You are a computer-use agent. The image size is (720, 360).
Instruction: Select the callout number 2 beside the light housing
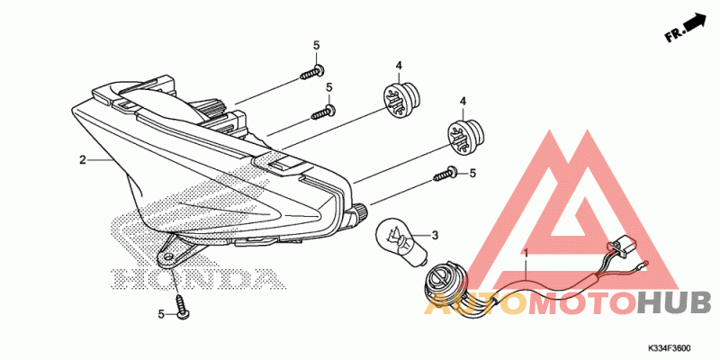pos(82,160)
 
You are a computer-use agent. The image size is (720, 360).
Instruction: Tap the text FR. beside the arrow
pos(674,35)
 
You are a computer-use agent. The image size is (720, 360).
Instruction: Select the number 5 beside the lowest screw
pos(161,314)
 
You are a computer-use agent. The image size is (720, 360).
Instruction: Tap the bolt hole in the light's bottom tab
pos(168,256)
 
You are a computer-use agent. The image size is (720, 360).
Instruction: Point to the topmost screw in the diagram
pos(315,68)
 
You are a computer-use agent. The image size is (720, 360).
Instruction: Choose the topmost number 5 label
pos(316,45)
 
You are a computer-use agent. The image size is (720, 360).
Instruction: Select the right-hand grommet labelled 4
pos(463,135)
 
